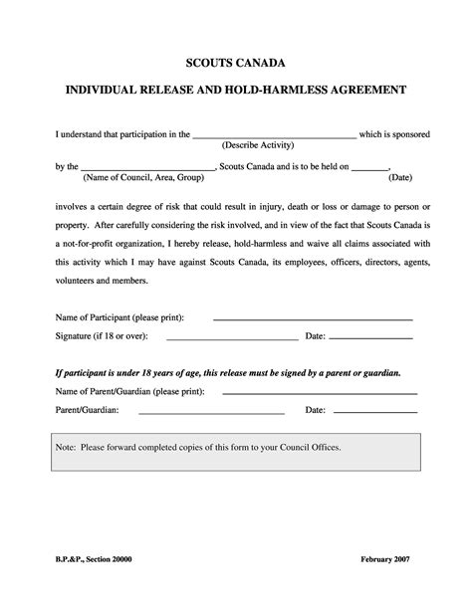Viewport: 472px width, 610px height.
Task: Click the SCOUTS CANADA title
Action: coord(236,62)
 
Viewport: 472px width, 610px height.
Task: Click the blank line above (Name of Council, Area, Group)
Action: coord(147,170)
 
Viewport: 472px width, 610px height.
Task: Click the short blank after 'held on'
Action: coord(370,170)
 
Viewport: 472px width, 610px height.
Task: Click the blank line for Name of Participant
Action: coord(314,319)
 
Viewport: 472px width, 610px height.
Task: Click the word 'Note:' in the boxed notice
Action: coord(68,448)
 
